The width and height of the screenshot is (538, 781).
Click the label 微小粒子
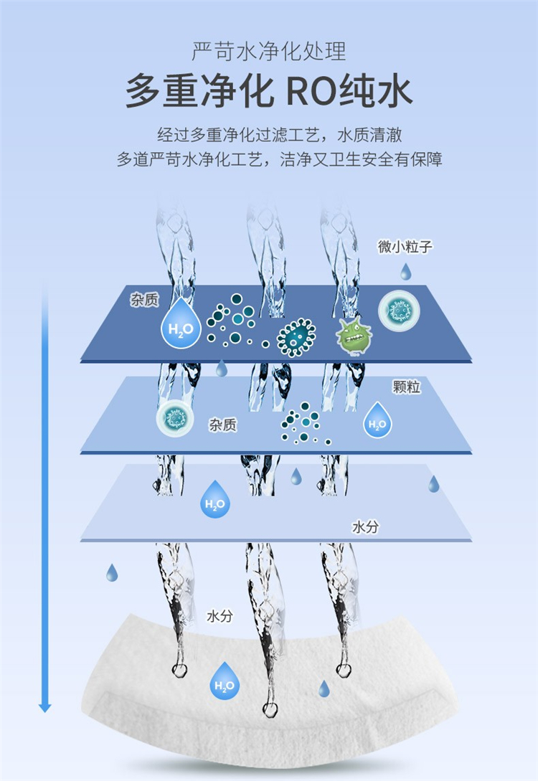(405, 247)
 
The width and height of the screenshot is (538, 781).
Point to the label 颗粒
(406, 387)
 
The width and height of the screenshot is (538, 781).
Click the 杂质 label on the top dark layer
(144, 300)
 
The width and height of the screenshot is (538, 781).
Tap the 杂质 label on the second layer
(222, 425)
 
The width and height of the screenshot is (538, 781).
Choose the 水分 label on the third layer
(365, 527)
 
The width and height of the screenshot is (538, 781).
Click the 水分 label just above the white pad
(220, 615)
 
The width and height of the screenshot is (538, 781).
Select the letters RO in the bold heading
(311, 92)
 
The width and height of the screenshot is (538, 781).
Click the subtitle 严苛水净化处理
(269, 52)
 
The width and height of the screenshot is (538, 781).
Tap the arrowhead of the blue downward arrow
(45, 707)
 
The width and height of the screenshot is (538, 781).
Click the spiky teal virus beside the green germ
(296, 337)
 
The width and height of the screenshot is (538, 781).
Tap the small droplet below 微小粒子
(406, 271)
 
